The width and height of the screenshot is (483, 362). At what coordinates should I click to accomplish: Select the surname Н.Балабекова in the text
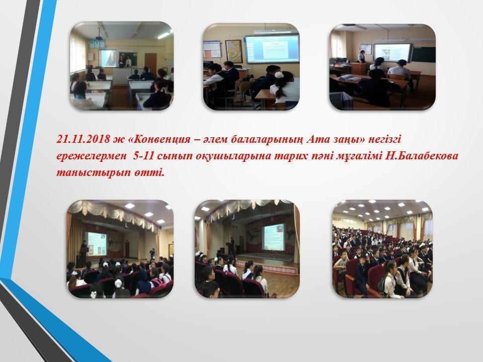pos(421,155)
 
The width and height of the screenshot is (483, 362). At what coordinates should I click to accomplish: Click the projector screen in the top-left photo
pos(108,58)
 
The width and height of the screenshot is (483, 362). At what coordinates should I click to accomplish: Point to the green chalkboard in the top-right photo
pos(424,54)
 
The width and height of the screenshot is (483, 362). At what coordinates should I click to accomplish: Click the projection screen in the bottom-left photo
pos(97,244)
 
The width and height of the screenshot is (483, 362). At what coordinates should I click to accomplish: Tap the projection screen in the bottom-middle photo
pos(273,236)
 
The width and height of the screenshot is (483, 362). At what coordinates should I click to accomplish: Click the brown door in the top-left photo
pos(150,64)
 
